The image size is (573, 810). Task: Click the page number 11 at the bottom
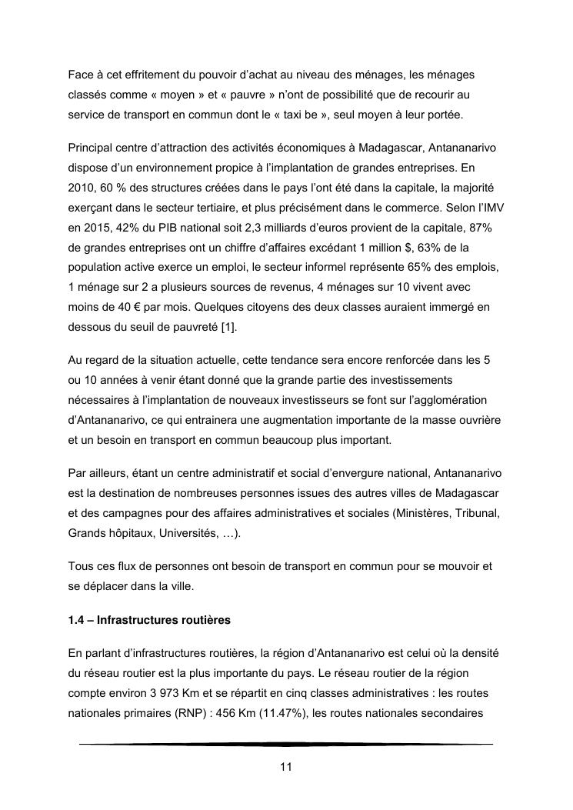point(285,767)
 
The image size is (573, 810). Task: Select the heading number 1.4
point(78,619)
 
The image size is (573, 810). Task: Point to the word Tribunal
point(477,512)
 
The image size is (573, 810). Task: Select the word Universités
point(184,532)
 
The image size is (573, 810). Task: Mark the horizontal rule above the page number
point(285,744)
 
